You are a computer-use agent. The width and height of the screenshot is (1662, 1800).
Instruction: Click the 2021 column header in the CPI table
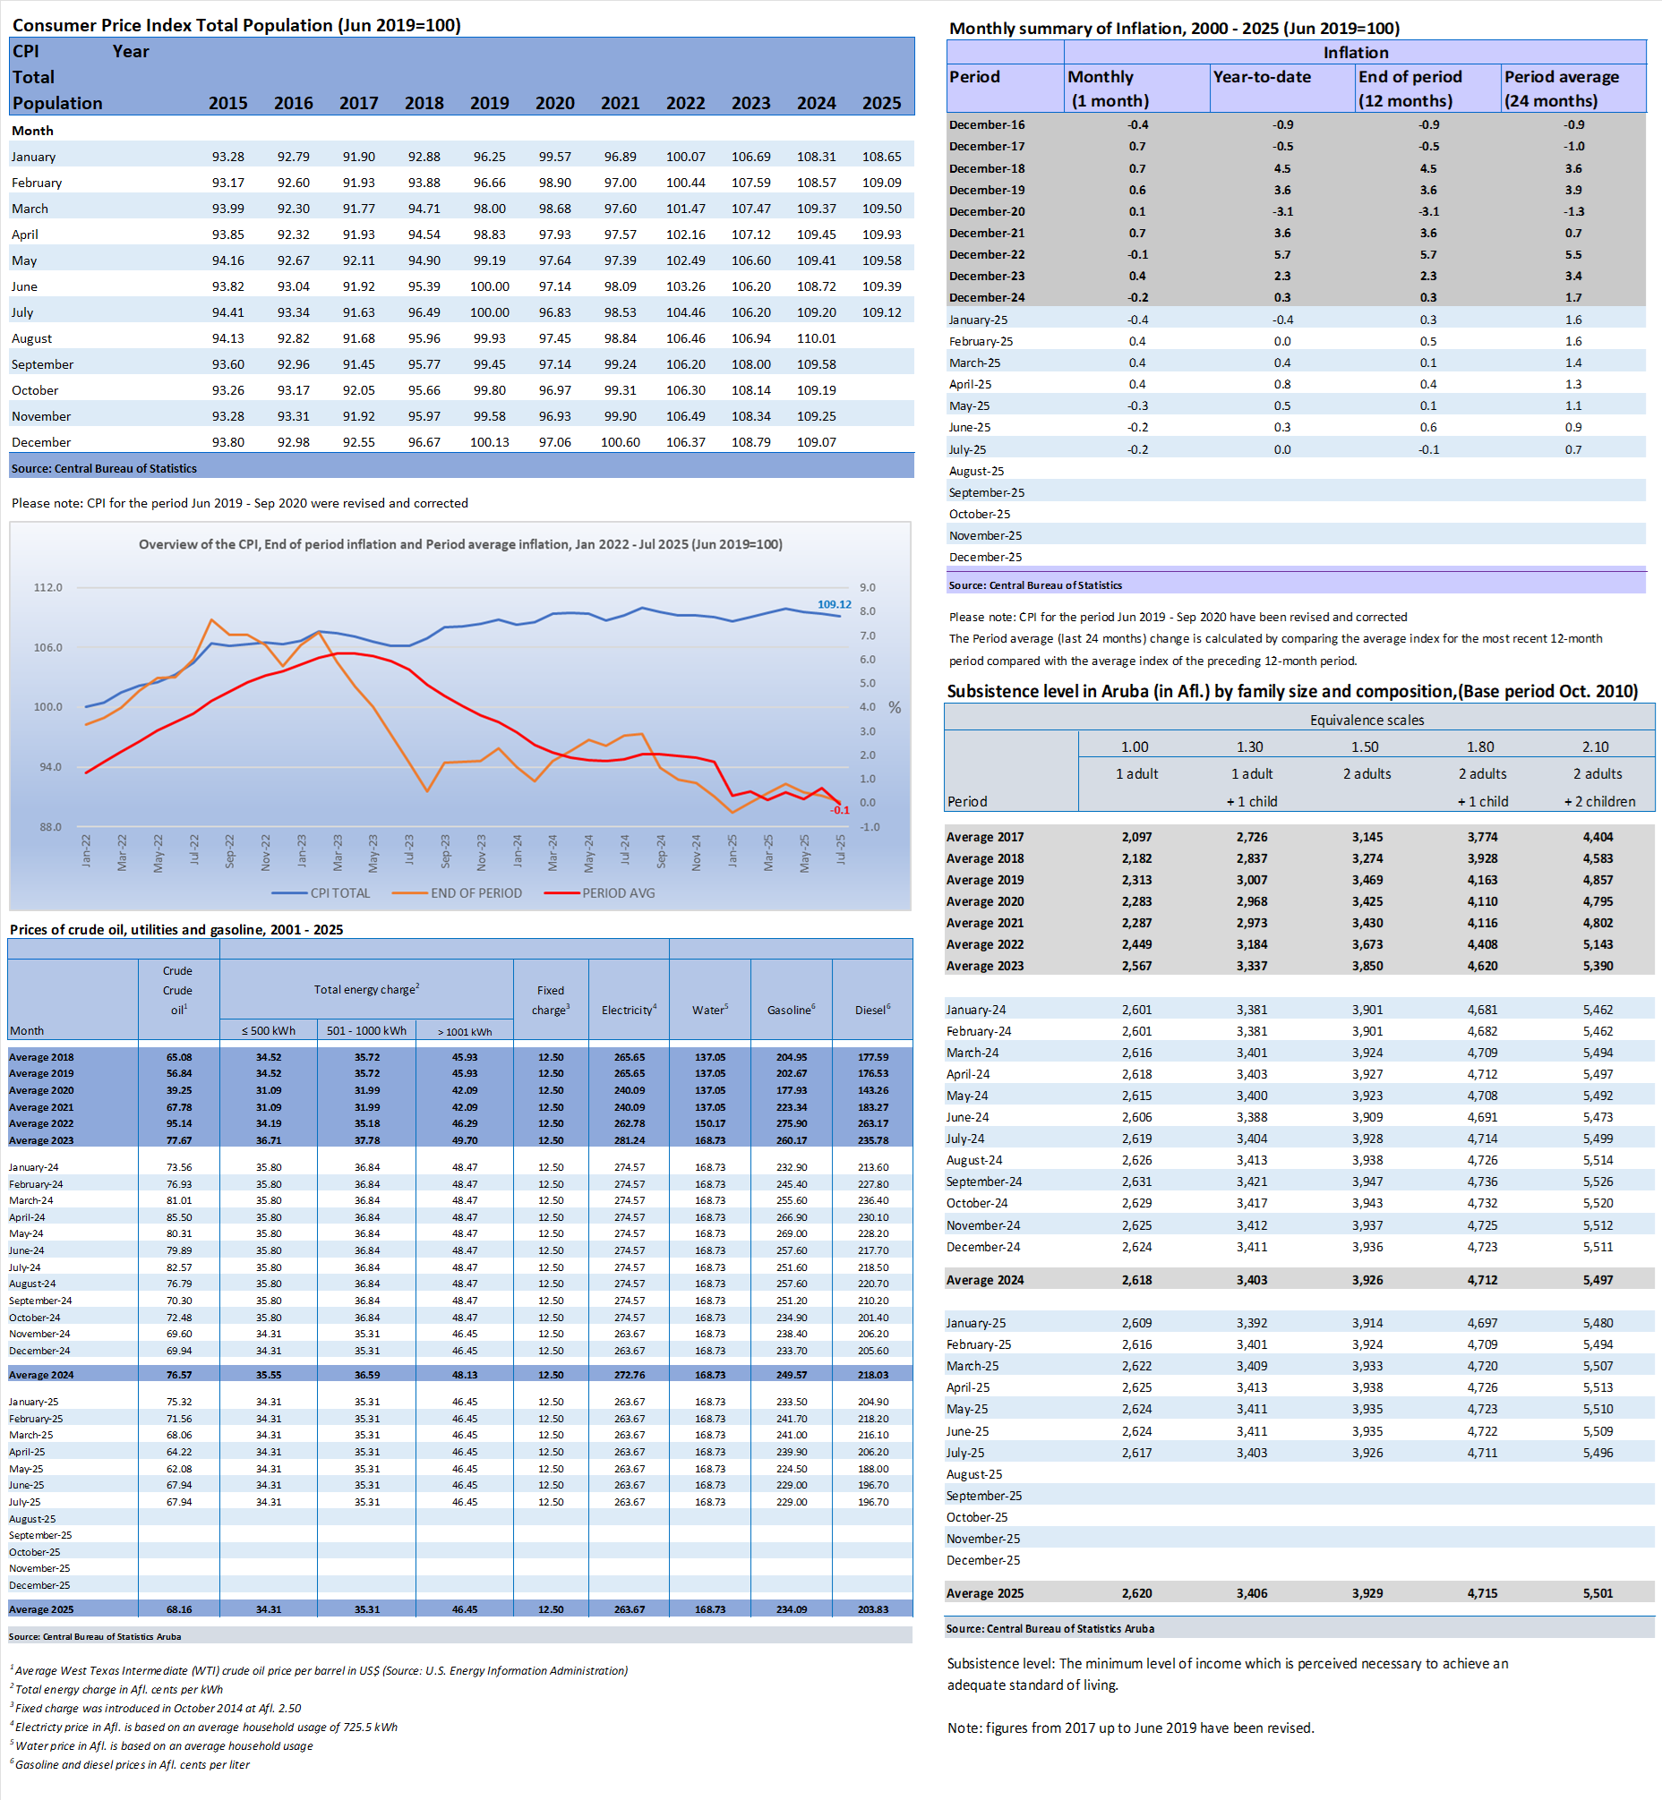tap(620, 103)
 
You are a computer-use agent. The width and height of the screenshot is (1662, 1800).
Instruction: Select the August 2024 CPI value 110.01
tap(816, 338)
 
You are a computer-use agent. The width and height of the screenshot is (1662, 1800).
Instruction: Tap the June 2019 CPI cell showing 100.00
tap(489, 286)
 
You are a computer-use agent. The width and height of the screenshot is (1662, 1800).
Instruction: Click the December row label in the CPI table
tap(41, 442)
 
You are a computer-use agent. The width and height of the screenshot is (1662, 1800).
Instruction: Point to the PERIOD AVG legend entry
tap(618, 892)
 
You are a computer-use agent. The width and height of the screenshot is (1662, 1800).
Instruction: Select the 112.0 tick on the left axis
tap(47, 587)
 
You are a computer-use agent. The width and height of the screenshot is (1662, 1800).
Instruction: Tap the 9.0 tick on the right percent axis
tap(867, 587)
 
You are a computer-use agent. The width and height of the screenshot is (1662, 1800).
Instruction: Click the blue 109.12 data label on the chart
tap(834, 604)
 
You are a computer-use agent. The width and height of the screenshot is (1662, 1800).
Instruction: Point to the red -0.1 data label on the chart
tap(839, 810)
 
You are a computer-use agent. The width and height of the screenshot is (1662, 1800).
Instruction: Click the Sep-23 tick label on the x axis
tap(445, 850)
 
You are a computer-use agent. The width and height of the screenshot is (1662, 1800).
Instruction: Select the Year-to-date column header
tap(1262, 77)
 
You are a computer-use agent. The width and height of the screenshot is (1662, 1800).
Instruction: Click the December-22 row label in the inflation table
tap(987, 254)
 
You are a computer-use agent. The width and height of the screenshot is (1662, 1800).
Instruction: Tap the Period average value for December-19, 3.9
tap(1572, 190)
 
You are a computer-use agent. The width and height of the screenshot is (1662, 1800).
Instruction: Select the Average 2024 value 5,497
tap(1598, 1279)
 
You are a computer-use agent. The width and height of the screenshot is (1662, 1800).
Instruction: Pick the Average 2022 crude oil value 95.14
tap(179, 1123)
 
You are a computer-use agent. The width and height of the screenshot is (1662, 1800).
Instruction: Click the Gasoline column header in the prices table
tap(791, 1010)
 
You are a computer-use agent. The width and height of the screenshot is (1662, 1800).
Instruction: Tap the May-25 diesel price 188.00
tap(872, 1468)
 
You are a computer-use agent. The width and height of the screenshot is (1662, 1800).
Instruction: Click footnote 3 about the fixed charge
tap(158, 1708)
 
